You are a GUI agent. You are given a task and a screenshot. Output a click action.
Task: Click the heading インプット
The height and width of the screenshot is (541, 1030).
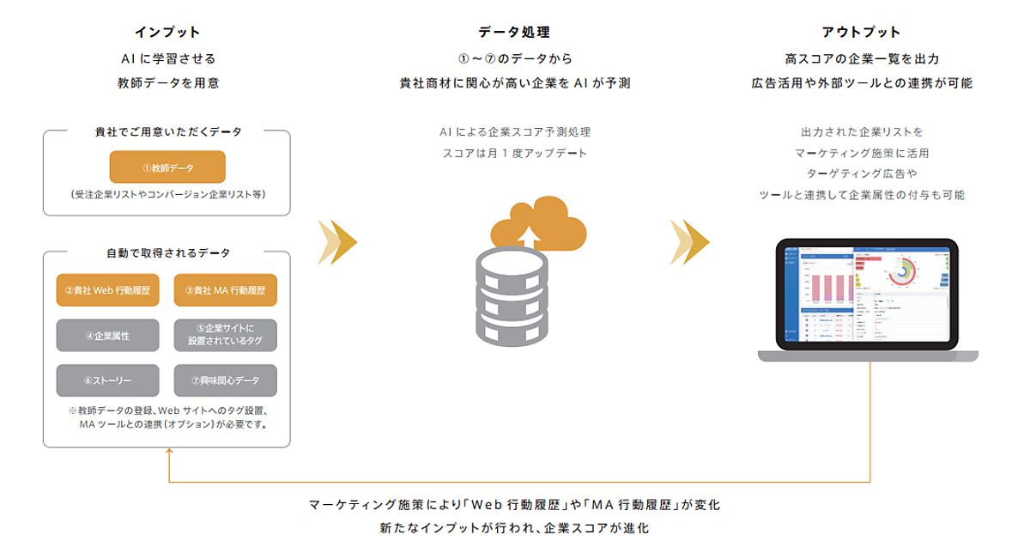click(167, 32)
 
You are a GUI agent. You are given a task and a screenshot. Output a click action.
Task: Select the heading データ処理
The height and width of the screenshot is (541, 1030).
click(514, 32)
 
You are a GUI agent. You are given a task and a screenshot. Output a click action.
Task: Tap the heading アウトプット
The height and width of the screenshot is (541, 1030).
click(861, 32)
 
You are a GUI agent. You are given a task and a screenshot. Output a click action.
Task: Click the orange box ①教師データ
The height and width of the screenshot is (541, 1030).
click(167, 167)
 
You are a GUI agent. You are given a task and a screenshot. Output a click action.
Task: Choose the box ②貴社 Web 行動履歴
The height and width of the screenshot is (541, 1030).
click(107, 290)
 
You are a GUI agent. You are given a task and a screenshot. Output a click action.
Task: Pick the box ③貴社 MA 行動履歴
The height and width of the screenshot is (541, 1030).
click(225, 290)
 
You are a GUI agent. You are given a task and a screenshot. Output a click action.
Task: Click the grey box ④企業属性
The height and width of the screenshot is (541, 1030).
click(107, 336)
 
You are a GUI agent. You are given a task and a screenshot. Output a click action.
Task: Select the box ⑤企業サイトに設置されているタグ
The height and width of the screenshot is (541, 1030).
click(225, 336)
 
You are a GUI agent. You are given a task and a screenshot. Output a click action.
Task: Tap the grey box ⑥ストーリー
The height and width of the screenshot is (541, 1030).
click(107, 380)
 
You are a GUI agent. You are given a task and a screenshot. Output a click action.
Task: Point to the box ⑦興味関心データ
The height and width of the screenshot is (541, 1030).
click(225, 380)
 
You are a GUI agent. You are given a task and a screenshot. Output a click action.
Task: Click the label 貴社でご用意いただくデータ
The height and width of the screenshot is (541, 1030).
click(167, 132)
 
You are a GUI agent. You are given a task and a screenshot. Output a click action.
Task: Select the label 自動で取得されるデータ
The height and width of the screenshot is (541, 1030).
click(167, 253)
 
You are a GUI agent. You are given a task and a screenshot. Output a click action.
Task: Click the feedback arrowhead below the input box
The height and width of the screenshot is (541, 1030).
click(169, 455)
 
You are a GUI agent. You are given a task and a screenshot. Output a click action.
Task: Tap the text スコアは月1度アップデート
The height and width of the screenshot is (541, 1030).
click(514, 154)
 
